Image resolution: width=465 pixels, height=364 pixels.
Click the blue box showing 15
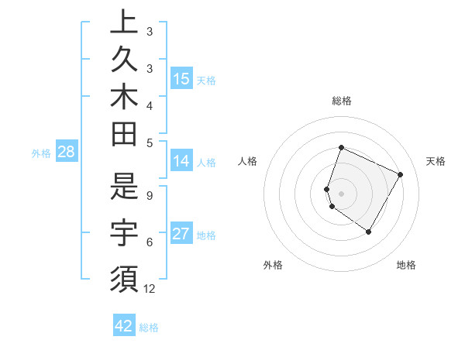pyautogui.click(x=181, y=79)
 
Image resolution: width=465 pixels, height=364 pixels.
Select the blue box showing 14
pyautogui.click(x=181, y=161)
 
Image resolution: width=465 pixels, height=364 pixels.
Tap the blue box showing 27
pyautogui.click(x=181, y=234)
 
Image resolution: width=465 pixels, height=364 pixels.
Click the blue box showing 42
pyautogui.click(x=124, y=326)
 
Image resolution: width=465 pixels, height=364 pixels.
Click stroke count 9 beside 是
pyautogui.click(x=150, y=195)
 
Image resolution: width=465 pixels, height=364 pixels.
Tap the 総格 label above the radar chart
pyautogui.click(x=342, y=101)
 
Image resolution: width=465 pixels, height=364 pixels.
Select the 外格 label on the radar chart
pyautogui.click(x=273, y=265)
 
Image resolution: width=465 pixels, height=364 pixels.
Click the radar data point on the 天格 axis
pyautogui.click(x=401, y=174)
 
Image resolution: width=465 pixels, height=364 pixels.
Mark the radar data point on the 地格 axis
pyautogui.click(x=369, y=232)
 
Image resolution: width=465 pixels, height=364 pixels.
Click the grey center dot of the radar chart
pyautogui.click(x=342, y=193)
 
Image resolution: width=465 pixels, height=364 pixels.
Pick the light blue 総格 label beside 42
pyautogui.click(x=149, y=328)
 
